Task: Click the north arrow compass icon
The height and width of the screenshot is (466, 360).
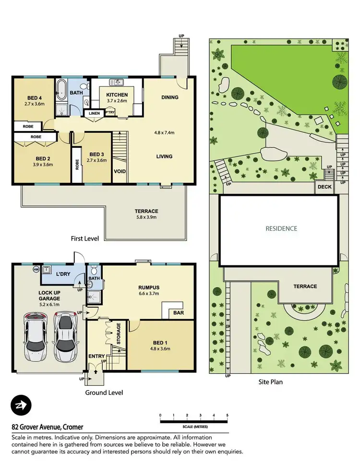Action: click(x=21, y=406)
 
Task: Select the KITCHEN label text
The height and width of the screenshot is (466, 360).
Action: click(x=117, y=95)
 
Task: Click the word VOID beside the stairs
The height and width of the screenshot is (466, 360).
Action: click(x=120, y=171)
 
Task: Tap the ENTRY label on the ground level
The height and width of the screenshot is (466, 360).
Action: click(x=96, y=356)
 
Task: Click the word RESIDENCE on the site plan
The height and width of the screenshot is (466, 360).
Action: click(x=281, y=228)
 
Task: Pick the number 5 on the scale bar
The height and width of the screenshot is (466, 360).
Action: click(x=227, y=415)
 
